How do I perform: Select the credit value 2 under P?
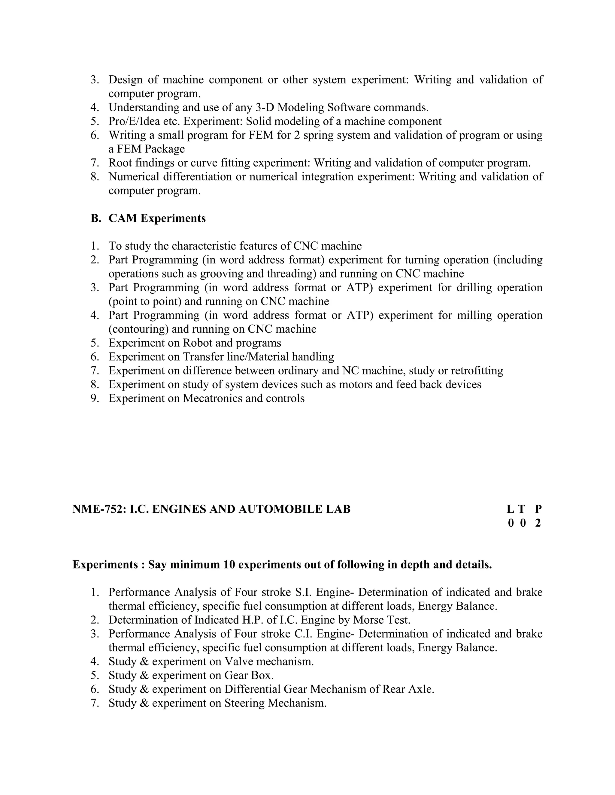pos(538,523)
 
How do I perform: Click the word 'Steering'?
pos(244,703)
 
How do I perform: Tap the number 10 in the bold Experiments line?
pos(229,565)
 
